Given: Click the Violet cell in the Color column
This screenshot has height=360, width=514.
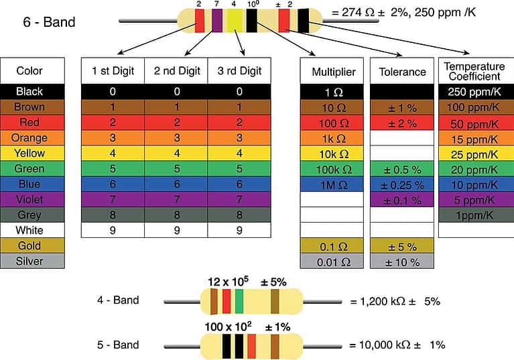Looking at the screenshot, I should point(32,199).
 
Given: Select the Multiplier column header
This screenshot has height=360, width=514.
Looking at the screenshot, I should point(333,72).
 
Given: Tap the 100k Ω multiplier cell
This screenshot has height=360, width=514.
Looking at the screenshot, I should point(333,168).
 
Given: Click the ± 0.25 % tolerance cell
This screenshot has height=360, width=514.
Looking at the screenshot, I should point(402,184).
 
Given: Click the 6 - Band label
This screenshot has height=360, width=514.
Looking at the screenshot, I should point(50,23).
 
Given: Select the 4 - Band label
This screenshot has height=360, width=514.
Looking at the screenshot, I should point(117,300).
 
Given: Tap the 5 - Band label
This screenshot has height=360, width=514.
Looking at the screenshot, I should point(117,345).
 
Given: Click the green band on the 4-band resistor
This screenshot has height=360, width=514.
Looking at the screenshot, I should point(239,302).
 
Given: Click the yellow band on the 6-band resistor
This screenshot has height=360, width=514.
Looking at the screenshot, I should point(235,22).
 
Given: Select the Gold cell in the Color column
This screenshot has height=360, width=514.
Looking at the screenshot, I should point(32,245).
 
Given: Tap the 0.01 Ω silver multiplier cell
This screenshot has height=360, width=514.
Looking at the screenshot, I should point(333,261).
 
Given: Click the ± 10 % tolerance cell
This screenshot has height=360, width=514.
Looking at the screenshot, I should point(402,261).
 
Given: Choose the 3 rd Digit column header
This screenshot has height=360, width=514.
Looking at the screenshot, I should point(239,72).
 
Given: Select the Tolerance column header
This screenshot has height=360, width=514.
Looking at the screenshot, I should point(402,72).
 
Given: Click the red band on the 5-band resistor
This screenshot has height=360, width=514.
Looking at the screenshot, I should point(251,347).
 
